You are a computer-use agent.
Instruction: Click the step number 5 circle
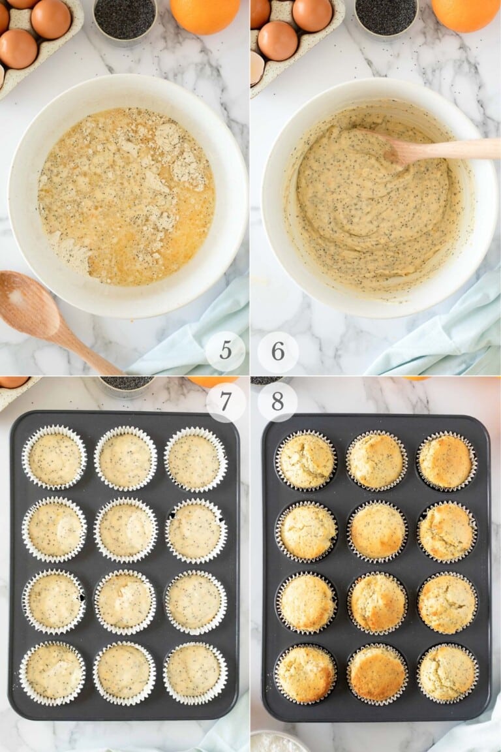(x=225, y=351)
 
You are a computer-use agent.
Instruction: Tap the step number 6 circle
(x=278, y=351)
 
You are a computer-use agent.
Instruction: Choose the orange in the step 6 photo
(x=465, y=14)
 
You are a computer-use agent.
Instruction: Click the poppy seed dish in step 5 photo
(x=125, y=18)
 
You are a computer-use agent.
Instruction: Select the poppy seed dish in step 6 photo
(x=386, y=16)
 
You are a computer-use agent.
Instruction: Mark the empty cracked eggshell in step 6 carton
(x=256, y=68)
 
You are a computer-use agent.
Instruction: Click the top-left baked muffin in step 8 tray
(x=305, y=461)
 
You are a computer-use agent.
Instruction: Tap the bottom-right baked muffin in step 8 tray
(x=448, y=673)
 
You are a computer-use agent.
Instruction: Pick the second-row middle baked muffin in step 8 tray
(x=376, y=531)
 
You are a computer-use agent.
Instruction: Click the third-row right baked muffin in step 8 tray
(x=447, y=603)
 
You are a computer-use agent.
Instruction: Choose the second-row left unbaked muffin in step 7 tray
(x=55, y=529)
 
